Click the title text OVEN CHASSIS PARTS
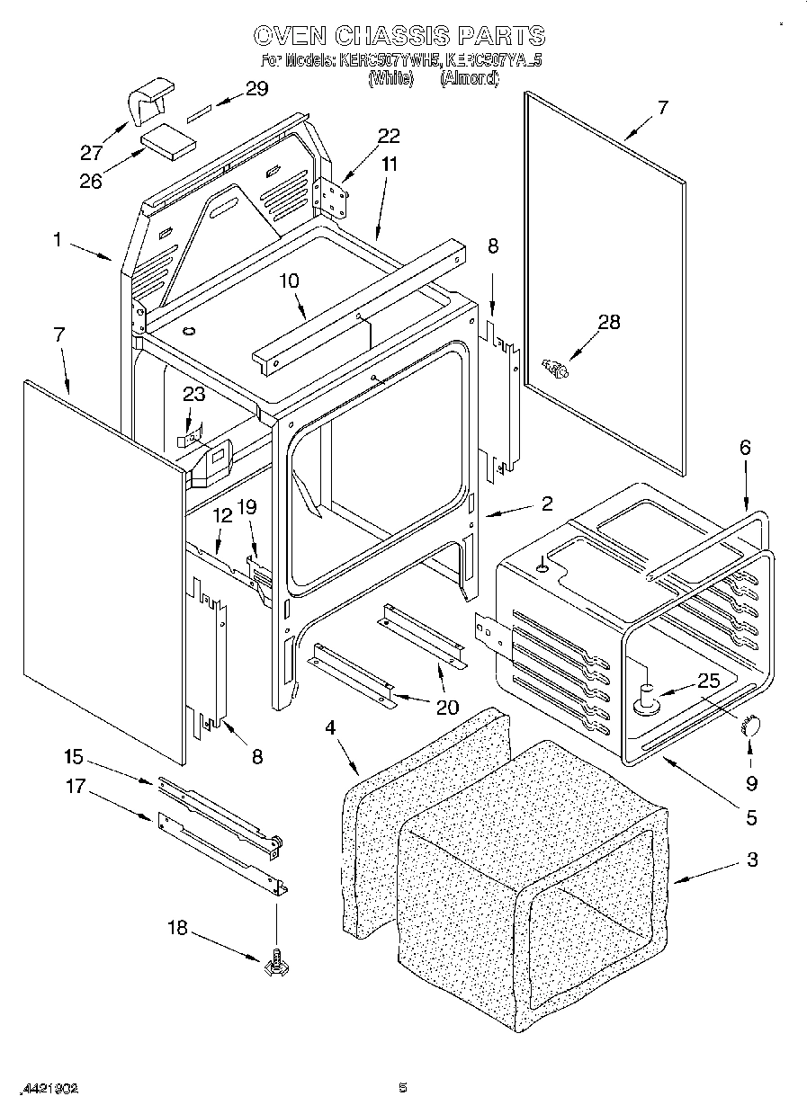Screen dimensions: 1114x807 pos(399,36)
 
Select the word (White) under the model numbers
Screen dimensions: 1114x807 pos(390,78)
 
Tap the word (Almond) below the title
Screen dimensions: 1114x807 pos(469,78)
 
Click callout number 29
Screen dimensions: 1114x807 pos(256,88)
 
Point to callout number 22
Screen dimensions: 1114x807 pos(389,137)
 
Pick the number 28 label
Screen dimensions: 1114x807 pos(609,322)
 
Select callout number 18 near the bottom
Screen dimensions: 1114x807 pos(177,927)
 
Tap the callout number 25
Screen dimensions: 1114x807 pos(709,681)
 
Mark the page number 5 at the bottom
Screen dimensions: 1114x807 pos(403,1088)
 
